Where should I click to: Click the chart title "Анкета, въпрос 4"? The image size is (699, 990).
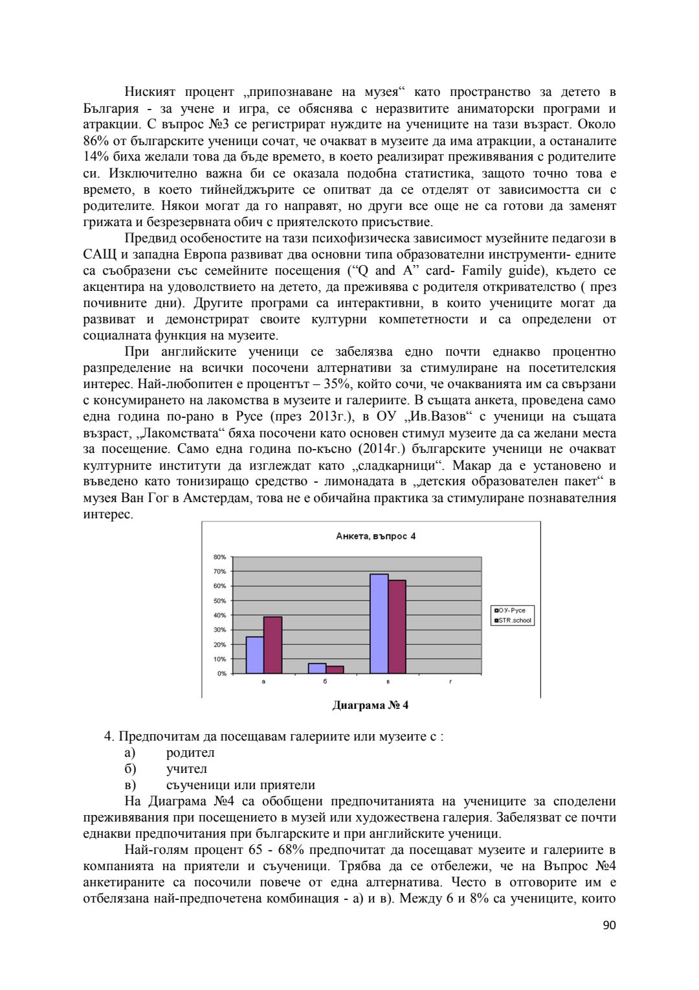click(375, 536)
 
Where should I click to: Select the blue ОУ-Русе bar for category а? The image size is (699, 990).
click(254, 655)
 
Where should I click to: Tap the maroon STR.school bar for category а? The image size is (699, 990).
click(272, 645)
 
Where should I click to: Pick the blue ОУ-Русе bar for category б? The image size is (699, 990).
click(316, 669)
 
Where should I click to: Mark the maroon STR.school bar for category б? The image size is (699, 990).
click(335, 670)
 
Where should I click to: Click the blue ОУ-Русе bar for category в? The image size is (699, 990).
click(379, 624)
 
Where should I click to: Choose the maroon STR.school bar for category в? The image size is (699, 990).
click(397, 627)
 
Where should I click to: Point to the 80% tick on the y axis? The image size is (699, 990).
click(219, 557)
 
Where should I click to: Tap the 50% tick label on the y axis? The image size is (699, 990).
click(219, 601)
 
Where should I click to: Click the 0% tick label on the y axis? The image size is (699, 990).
click(221, 674)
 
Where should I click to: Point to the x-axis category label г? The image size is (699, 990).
click(450, 682)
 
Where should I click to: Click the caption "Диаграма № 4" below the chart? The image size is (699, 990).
click(370, 706)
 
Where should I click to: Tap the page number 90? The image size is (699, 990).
click(609, 926)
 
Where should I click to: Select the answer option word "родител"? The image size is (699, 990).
click(190, 753)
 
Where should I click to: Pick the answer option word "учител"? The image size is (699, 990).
click(186, 769)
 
